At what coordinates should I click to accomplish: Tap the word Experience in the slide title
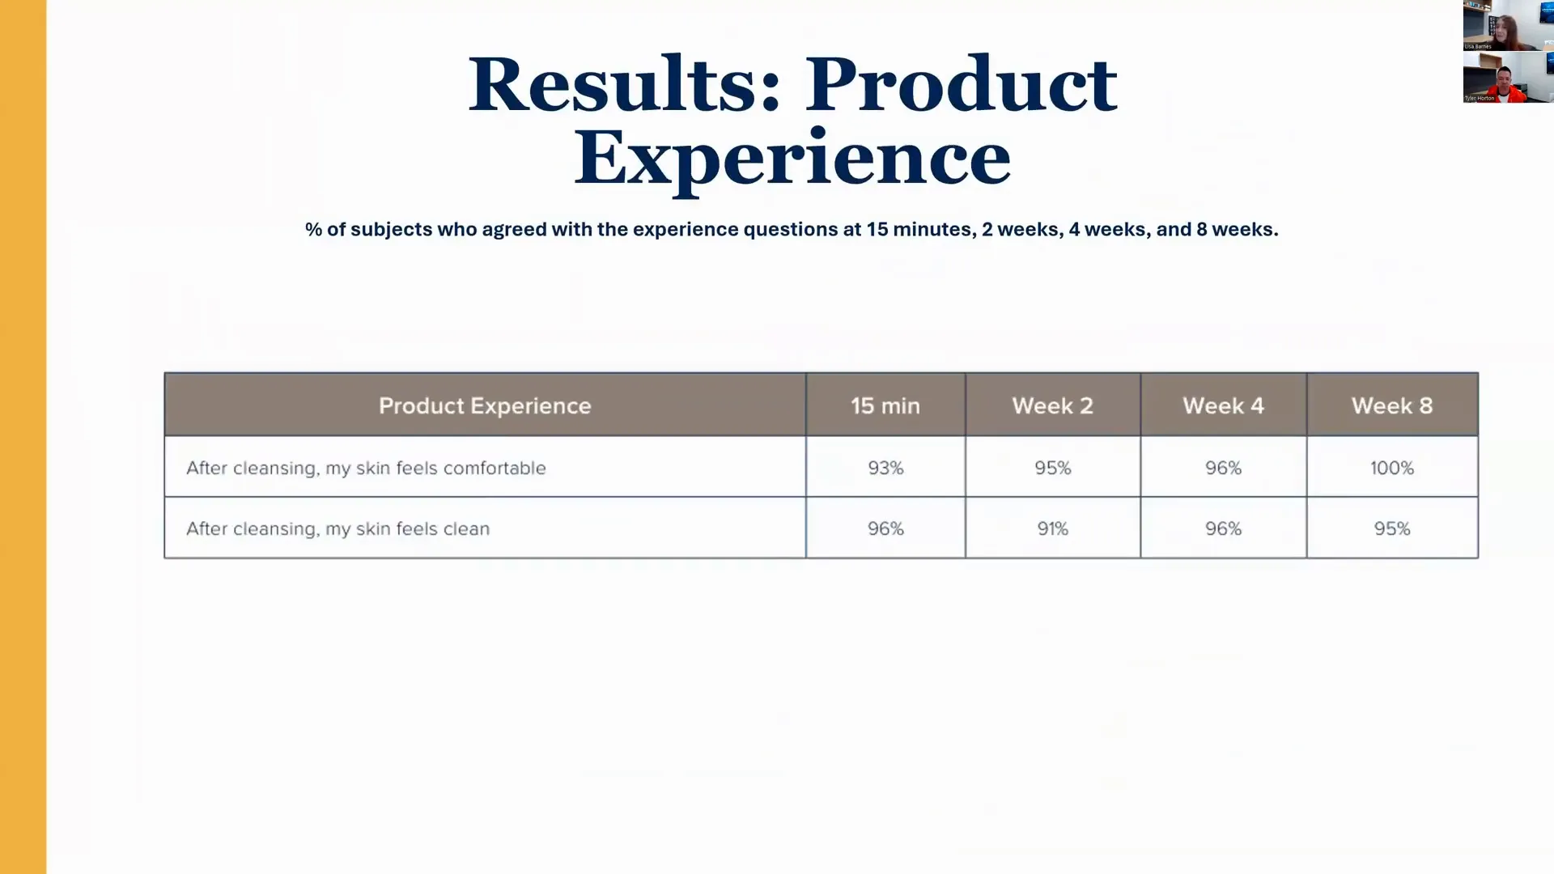click(792, 158)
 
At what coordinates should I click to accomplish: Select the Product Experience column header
click(485, 405)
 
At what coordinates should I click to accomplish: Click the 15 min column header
click(885, 405)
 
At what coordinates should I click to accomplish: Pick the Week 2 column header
click(1052, 405)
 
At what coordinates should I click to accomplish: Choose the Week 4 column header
click(1223, 405)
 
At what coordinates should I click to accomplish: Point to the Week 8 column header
click(1391, 405)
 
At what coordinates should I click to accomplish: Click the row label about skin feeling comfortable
click(366, 468)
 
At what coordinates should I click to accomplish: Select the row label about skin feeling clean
click(338, 528)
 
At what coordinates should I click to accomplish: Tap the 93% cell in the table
click(885, 468)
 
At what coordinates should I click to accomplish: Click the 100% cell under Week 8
click(1391, 468)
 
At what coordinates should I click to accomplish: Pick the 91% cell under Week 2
click(1052, 528)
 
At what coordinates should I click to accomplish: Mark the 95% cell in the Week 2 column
click(1052, 468)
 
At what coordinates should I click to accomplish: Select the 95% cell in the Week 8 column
click(1391, 528)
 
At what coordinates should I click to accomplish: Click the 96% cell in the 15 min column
click(885, 528)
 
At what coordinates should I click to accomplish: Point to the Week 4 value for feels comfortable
click(1223, 468)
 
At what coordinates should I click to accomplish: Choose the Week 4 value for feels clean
click(1223, 528)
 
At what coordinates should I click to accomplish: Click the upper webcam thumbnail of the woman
click(1507, 25)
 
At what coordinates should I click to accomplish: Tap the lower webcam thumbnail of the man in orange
click(1507, 78)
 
